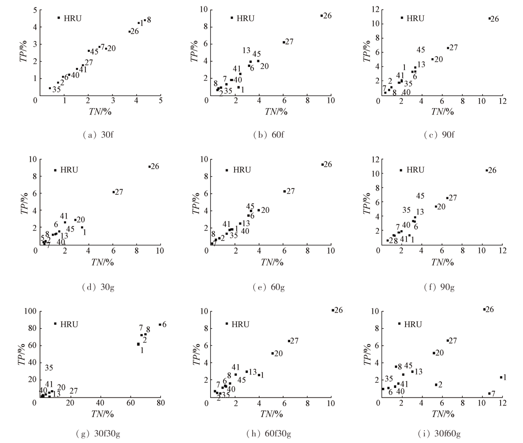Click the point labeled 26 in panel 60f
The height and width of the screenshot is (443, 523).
click(321, 16)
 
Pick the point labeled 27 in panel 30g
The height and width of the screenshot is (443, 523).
click(113, 192)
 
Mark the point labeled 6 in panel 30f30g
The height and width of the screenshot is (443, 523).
click(160, 325)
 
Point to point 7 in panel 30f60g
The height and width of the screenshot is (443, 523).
click(489, 393)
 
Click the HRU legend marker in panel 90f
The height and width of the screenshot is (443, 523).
click(402, 18)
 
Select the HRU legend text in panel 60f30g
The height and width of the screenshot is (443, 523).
click(240, 324)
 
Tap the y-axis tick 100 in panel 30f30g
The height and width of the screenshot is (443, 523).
click(32, 311)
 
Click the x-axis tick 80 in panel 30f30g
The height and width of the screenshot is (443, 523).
click(160, 403)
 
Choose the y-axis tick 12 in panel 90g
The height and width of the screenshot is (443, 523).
click(374, 159)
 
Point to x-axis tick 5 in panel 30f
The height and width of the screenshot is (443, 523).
click(160, 100)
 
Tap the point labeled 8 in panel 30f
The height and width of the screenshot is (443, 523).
click(145, 20)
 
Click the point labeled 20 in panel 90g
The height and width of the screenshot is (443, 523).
click(436, 207)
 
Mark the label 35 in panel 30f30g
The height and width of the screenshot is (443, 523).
click(49, 368)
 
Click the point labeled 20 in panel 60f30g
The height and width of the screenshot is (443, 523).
click(273, 353)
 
